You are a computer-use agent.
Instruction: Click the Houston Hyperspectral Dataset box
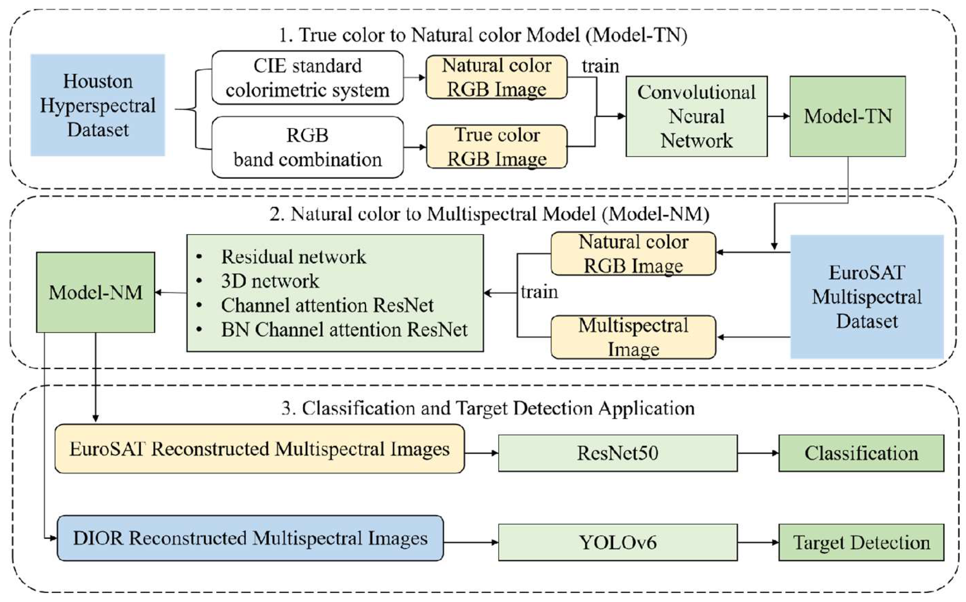coord(98,105)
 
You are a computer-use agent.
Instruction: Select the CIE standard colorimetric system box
coord(308,78)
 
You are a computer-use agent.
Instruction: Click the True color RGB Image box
coord(496,146)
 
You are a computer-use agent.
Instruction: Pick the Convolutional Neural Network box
coord(696,116)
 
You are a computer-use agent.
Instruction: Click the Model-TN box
coord(847,116)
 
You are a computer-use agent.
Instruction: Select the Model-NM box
coord(95,292)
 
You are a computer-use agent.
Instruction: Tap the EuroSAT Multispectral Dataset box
coord(867,296)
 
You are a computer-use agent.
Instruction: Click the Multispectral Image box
coord(633,337)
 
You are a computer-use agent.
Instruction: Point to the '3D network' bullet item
coord(270,281)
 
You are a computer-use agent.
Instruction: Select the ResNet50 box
coord(617,453)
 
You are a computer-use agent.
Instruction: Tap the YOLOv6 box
coord(617,542)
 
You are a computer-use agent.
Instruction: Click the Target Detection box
coord(861,542)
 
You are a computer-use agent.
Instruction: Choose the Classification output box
coord(861,453)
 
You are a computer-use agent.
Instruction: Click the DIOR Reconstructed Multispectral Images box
coord(250,538)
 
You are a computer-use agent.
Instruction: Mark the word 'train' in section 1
coord(600,66)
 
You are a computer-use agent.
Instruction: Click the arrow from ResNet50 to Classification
coord(757,453)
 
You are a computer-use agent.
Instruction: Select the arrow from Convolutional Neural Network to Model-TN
coord(778,116)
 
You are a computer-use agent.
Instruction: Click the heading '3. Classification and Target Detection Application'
coord(488,409)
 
